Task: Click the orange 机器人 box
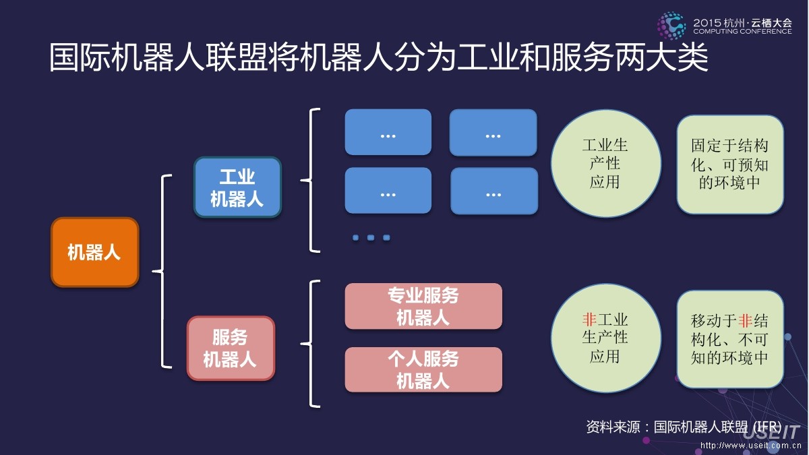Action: point(95,252)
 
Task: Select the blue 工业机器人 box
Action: point(237,187)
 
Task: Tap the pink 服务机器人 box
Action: point(231,348)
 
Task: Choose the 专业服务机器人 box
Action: point(423,306)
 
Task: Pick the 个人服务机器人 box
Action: point(423,369)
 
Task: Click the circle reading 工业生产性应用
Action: point(605,163)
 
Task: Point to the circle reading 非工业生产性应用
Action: point(605,338)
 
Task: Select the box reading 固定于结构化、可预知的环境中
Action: point(730,164)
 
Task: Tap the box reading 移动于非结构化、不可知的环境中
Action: point(730,339)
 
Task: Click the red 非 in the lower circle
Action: point(589,320)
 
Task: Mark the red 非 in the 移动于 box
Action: point(745,321)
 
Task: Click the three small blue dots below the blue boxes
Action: point(371,237)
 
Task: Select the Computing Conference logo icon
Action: point(671,25)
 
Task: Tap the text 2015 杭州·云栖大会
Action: point(742,22)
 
